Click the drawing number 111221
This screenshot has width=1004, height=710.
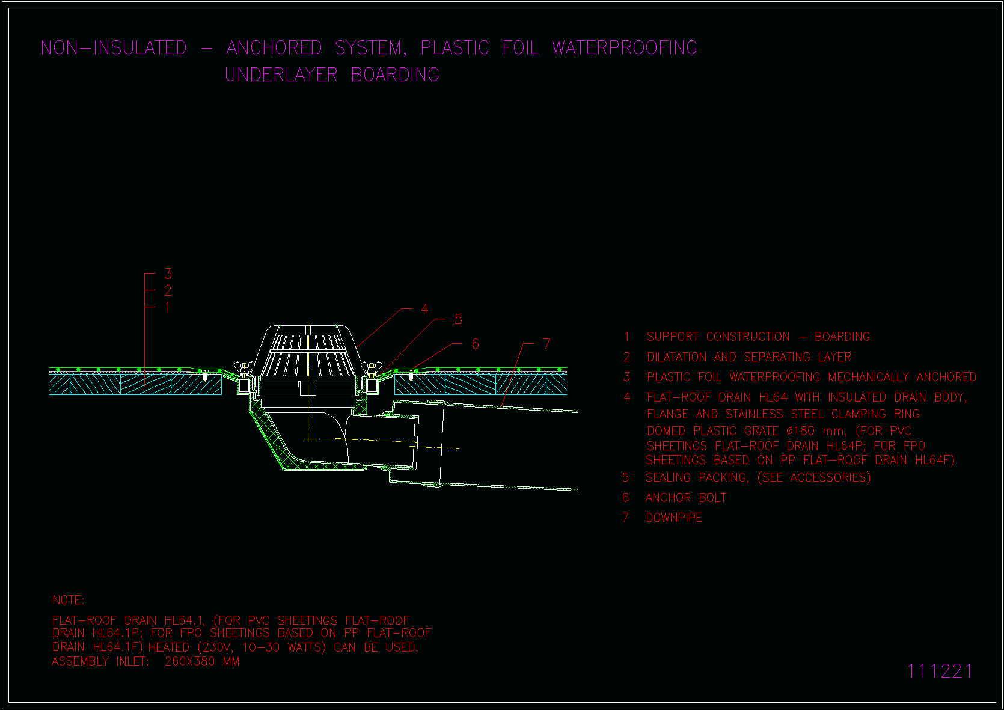(940, 671)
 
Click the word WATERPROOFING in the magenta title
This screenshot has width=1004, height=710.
(625, 47)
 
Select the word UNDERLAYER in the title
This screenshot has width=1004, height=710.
(281, 75)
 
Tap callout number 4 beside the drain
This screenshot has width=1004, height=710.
(424, 309)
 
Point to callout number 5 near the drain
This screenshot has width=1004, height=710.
(458, 320)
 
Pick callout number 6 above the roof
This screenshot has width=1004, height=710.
(476, 344)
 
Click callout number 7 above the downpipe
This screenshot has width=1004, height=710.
(546, 344)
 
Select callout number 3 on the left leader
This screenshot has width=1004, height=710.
(168, 274)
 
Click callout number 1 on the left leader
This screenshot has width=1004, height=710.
(168, 308)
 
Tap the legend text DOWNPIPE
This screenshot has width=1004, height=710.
(674, 518)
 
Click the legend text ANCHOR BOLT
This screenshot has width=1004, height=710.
(686, 498)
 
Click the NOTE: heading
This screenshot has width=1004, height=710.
(69, 600)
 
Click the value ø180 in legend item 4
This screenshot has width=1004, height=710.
(800, 431)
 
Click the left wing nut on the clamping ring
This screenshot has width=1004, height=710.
(244, 367)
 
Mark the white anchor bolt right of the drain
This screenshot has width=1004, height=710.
(411, 375)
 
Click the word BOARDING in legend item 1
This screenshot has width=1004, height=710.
(842, 337)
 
